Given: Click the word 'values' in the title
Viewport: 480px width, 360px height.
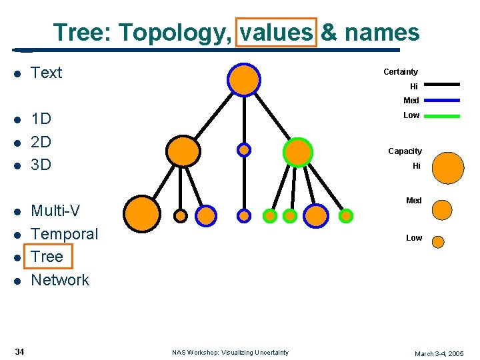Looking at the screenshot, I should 276,32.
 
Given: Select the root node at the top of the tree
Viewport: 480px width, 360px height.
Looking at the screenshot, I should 243,78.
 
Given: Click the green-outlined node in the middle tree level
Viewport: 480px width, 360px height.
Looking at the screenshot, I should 297,151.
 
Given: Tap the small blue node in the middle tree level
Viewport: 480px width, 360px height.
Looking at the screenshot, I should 245,150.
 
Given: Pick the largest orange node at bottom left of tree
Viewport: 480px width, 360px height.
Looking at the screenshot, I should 142,213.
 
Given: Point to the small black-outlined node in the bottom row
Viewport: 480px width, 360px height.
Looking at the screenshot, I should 181,215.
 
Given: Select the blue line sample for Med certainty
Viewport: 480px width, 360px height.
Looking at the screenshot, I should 442,100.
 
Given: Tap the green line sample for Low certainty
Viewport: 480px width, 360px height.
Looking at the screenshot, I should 442,115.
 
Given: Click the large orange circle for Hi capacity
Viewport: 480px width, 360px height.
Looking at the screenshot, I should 447,168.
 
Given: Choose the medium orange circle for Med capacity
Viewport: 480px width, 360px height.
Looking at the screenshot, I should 442,209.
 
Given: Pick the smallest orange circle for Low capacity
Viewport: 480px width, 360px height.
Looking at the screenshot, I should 438,242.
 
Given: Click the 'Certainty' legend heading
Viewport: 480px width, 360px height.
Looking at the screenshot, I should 401,72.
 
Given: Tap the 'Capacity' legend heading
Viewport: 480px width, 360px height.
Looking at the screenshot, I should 405,151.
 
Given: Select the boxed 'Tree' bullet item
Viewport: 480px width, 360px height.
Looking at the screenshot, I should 47,257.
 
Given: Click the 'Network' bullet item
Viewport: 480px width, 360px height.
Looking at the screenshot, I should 60,280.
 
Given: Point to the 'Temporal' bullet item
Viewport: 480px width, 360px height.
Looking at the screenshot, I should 64,234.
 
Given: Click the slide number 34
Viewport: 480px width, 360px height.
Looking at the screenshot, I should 20,351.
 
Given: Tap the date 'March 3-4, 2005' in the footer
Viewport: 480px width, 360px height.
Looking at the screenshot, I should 439,353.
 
